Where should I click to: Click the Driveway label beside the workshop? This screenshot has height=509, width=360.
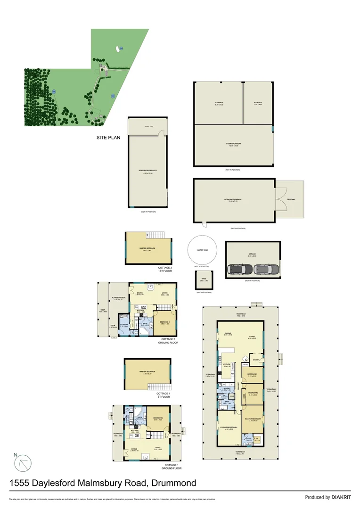click(x=291, y=199)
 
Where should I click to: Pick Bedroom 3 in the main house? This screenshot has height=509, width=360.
click(x=253, y=375)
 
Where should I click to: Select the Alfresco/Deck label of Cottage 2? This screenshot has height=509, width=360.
click(x=118, y=298)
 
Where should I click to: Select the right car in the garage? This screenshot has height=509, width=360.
click(x=262, y=270)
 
